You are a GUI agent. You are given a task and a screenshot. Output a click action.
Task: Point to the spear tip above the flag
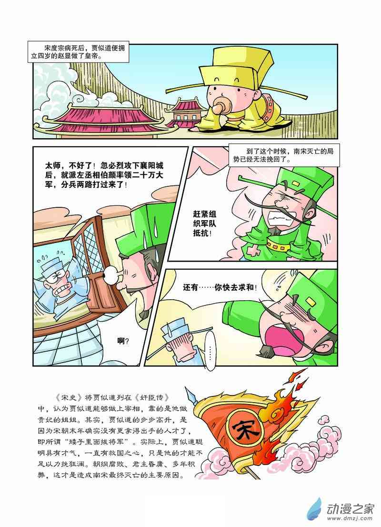(x=190, y=393)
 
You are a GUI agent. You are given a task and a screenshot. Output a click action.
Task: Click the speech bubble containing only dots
(x=209, y=350)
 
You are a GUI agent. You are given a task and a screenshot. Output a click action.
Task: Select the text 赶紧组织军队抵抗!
(x=204, y=223)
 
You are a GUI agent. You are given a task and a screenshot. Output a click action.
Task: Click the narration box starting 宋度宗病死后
(x=78, y=52)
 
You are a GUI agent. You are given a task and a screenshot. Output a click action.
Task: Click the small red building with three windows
(x=184, y=112)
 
